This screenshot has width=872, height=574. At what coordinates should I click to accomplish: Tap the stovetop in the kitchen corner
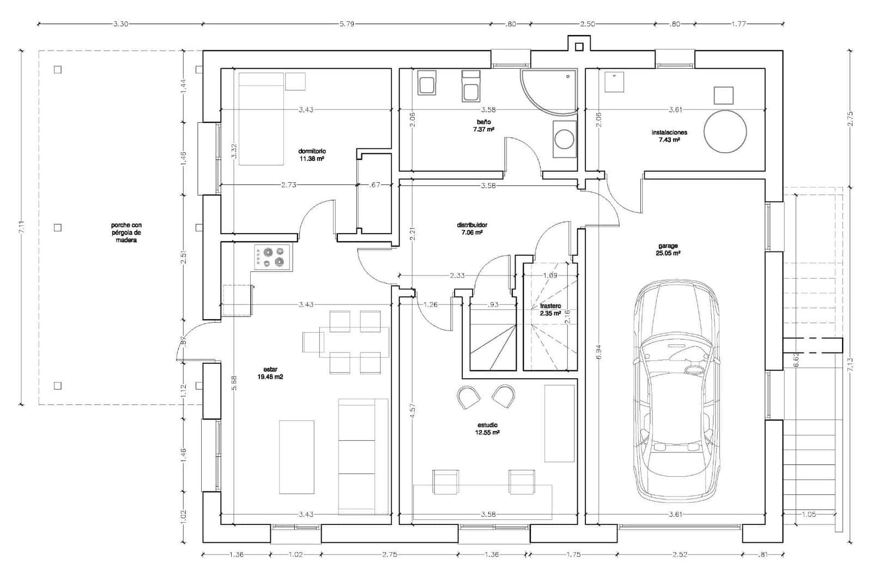click(x=272, y=257)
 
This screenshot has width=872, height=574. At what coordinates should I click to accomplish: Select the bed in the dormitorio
click(x=261, y=119)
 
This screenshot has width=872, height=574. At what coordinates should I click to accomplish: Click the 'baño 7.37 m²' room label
click(x=483, y=126)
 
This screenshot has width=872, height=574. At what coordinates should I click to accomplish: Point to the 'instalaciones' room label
click(x=669, y=133)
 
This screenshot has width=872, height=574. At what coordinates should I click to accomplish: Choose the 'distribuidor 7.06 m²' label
click(x=472, y=229)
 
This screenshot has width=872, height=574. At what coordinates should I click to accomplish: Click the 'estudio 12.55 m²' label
click(x=487, y=429)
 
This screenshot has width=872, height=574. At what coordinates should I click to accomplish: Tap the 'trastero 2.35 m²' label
click(x=550, y=310)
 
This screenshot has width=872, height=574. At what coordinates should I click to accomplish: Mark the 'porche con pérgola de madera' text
click(x=126, y=232)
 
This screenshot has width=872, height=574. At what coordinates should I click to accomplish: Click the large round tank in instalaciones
click(x=725, y=131)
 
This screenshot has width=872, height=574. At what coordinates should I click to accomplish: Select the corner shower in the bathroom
click(x=548, y=92)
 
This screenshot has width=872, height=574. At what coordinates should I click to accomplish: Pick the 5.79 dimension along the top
click(x=347, y=24)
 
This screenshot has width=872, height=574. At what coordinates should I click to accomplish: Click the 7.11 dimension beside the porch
click(x=22, y=228)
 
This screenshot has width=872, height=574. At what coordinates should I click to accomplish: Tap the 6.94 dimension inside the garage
click(x=599, y=352)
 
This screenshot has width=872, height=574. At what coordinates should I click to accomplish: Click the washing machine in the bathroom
click(x=564, y=139)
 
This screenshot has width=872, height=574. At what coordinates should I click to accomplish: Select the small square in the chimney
click(x=579, y=47)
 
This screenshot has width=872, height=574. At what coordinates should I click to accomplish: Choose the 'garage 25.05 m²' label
click(x=668, y=249)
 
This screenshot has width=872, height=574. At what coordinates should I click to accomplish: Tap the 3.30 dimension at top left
click(x=120, y=24)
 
